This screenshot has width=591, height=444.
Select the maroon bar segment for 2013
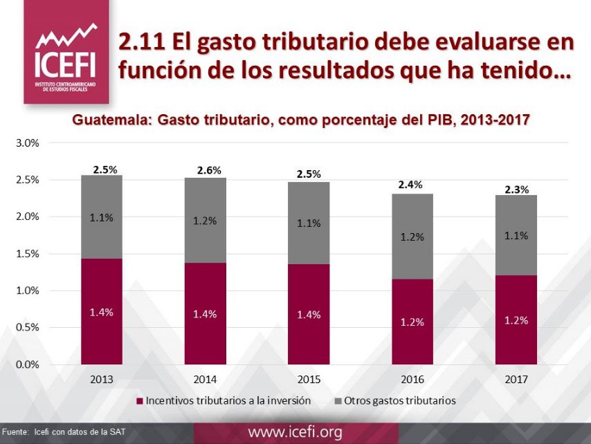(101, 311)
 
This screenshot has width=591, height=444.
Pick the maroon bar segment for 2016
(412, 322)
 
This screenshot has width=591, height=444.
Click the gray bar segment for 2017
(516, 235)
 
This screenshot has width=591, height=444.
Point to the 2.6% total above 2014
(208, 170)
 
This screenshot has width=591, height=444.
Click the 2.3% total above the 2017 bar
(516, 189)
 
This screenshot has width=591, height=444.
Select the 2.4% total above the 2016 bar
(410, 185)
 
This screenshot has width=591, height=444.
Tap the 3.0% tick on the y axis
(28, 143)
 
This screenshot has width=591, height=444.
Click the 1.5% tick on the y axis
(28, 254)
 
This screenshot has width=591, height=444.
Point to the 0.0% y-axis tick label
(28, 364)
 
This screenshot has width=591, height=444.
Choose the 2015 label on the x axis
(309, 380)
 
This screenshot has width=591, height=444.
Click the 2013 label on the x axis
(101, 380)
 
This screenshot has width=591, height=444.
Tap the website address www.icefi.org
(295, 433)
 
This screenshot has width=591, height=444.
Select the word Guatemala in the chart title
(112, 120)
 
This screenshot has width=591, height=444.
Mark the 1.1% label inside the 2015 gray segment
(309, 223)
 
